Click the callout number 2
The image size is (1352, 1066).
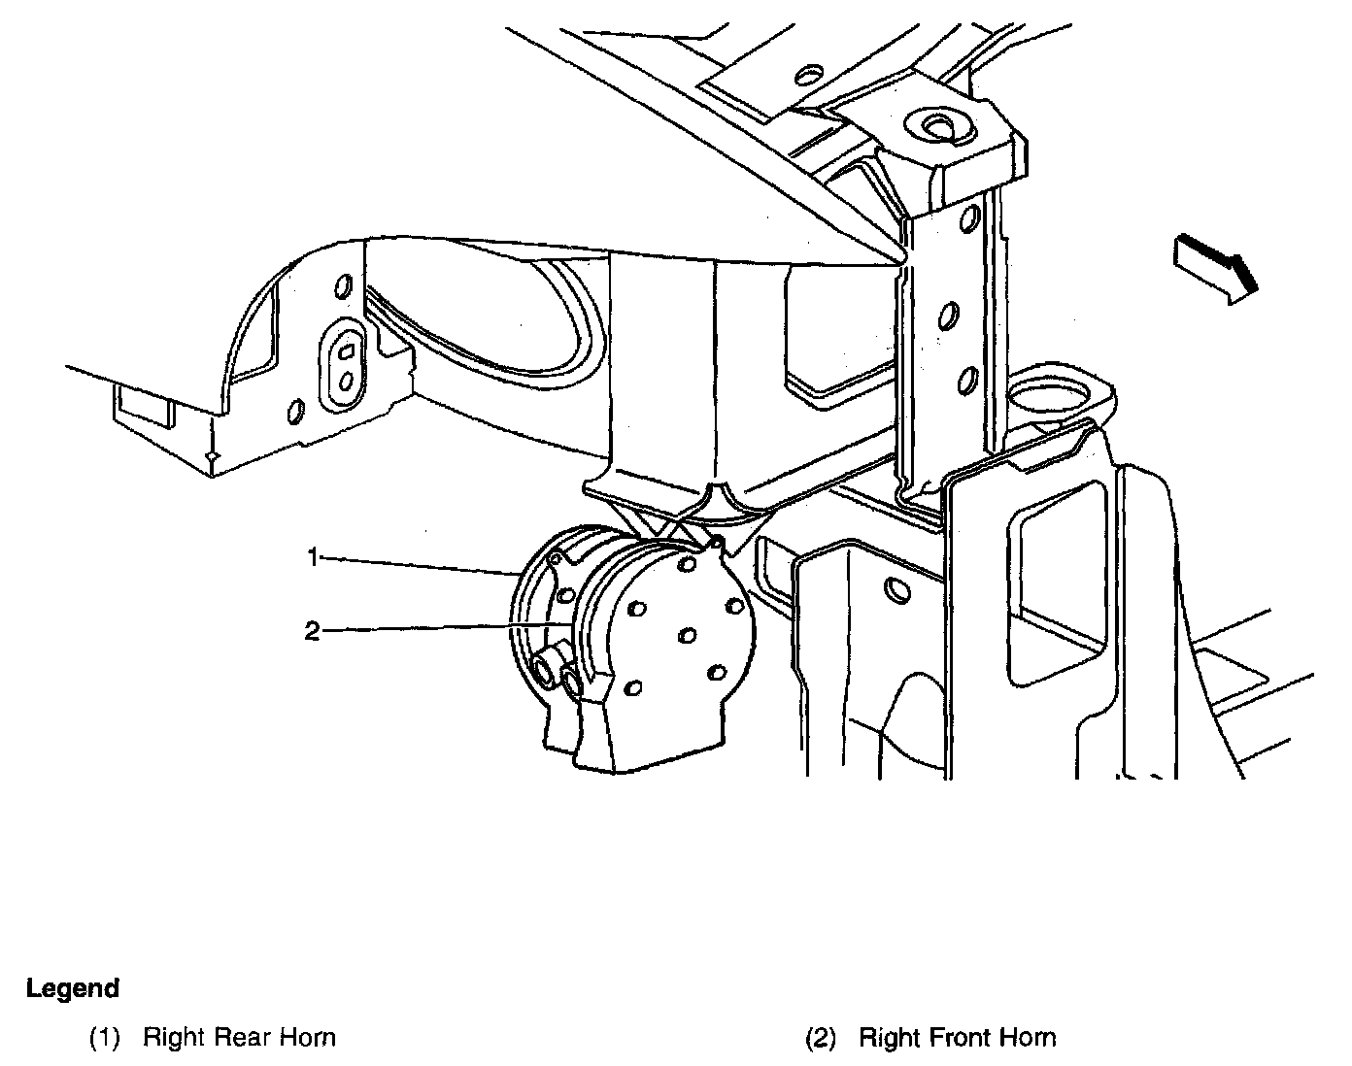click(312, 631)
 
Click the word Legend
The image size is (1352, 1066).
click(73, 989)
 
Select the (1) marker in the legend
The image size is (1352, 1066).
click(104, 1038)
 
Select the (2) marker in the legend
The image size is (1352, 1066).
click(820, 1038)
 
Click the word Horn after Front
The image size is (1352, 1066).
click(1031, 1038)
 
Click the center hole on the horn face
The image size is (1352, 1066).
click(688, 635)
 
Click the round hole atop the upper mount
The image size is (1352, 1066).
click(938, 124)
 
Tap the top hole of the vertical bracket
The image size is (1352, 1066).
click(968, 219)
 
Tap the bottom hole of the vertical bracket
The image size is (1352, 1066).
click(966, 381)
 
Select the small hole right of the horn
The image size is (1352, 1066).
click(896, 590)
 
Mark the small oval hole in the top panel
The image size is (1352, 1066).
click(808, 74)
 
